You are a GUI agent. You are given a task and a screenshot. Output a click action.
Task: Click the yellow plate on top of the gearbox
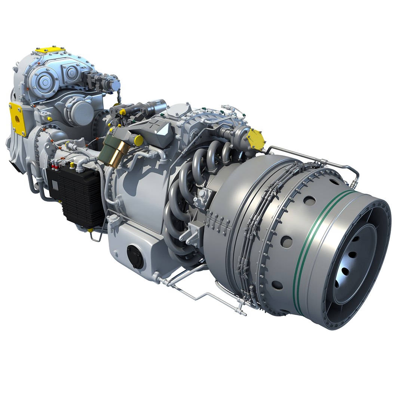pyautogui.click(x=50, y=49)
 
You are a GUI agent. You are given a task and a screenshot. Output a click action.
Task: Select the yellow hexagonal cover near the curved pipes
pyautogui.click(x=256, y=139)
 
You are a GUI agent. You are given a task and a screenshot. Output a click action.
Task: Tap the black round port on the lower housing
pyautogui.click(x=135, y=257)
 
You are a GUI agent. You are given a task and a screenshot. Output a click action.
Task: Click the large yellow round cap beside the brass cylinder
pyautogui.click(x=138, y=141)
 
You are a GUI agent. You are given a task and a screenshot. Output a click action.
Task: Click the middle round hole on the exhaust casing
pyautogui.click(x=286, y=241)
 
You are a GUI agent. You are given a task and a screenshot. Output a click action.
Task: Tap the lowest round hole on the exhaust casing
pyautogui.click(x=277, y=285)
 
